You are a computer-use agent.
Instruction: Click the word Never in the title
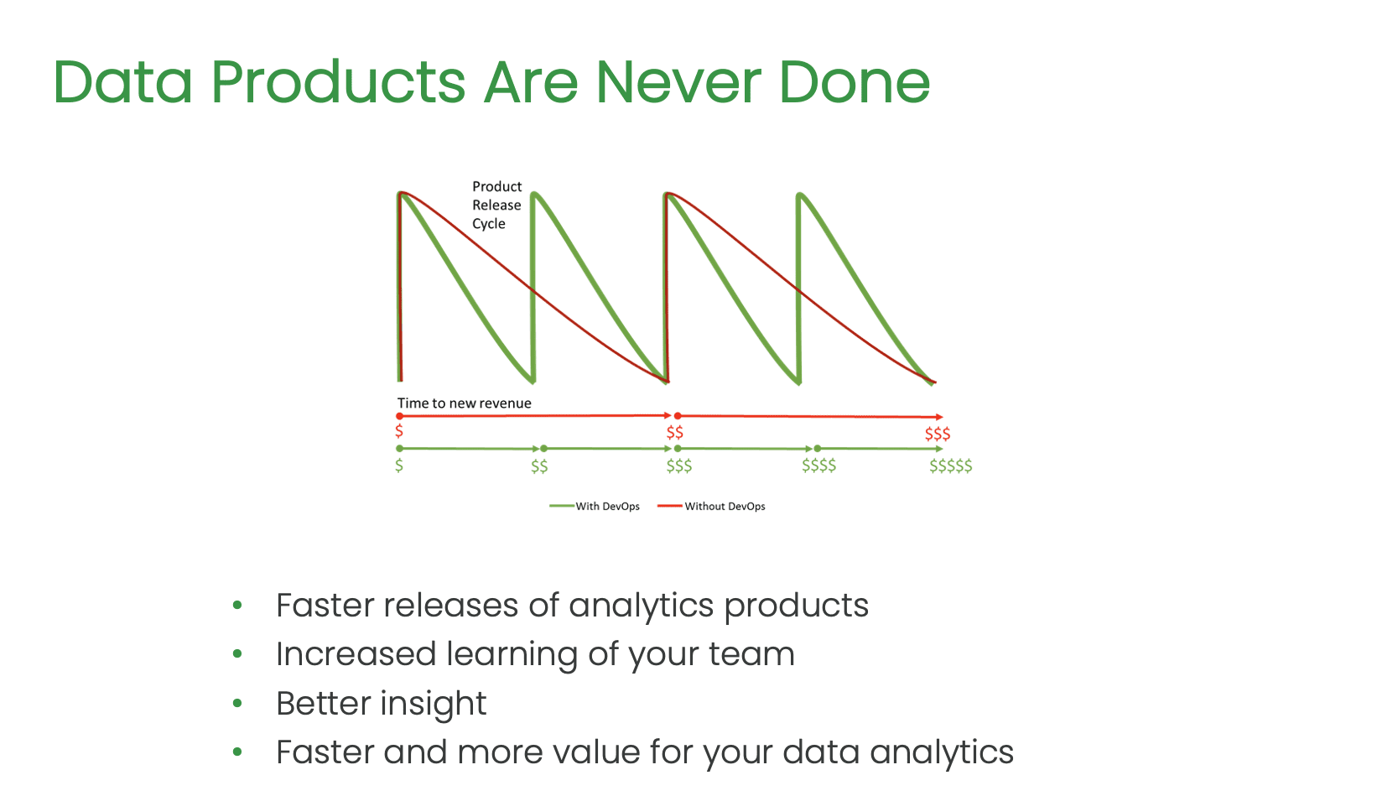pyautogui.click(x=678, y=81)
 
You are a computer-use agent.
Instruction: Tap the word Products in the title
pyautogui.click(x=338, y=81)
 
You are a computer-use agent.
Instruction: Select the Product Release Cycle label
pyautogui.click(x=496, y=205)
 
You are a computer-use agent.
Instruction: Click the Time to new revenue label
pyautogui.click(x=464, y=403)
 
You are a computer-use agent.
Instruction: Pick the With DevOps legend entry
pyautogui.click(x=595, y=506)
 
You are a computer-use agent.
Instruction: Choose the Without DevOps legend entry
pyautogui.click(x=711, y=506)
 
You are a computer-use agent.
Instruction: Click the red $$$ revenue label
pyautogui.click(x=938, y=434)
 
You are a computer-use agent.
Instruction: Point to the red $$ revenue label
pyautogui.click(x=675, y=432)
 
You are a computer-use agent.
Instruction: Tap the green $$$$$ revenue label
pyautogui.click(x=950, y=466)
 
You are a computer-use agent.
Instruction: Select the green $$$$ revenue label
pyautogui.click(x=818, y=466)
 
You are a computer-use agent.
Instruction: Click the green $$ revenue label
pyautogui.click(x=539, y=466)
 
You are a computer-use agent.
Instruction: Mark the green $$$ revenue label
pyautogui.click(x=679, y=466)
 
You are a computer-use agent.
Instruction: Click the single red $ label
pyautogui.click(x=399, y=430)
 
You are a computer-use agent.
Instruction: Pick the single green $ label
pyautogui.click(x=399, y=466)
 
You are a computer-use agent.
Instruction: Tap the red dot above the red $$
pyautogui.click(x=678, y=416)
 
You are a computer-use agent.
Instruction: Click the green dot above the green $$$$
pyautogui.click(x=817, y=449)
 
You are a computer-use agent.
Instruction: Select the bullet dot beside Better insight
pyautogui.click(x=237, y=703)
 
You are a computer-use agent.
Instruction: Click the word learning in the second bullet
pyautogui.click(x=512, y=654)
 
